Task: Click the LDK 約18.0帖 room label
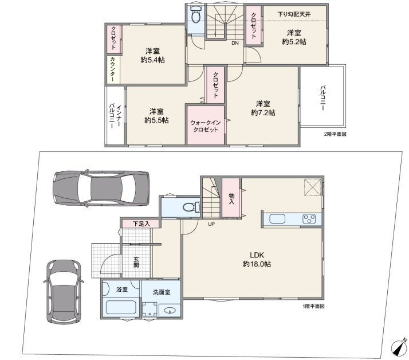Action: pos(257,260)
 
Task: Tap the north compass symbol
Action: pos(399,346)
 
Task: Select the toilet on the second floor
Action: pos(196,15)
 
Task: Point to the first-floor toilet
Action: pos(191,207)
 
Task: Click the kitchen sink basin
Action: pos(277,219)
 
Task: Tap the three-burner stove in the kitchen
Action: pos(309,219)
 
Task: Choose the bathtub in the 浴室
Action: pos(121,307)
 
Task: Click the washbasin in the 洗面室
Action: pos(170,311)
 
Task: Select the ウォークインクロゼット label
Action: pos(206,126)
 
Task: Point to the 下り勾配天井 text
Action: pos(294,14)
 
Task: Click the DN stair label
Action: pos(235,43)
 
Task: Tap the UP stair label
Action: pos(211,224)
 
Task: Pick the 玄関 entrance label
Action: pos(136,262)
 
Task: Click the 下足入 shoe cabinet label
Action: pos(141,224)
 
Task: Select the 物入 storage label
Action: pos(231,199)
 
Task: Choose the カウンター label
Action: pos(112,69)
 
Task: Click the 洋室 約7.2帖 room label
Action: pos(263,108)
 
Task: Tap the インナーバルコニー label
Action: pos(115,116)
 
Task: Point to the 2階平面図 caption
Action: pos(335,134)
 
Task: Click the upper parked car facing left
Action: pos(101,188)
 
